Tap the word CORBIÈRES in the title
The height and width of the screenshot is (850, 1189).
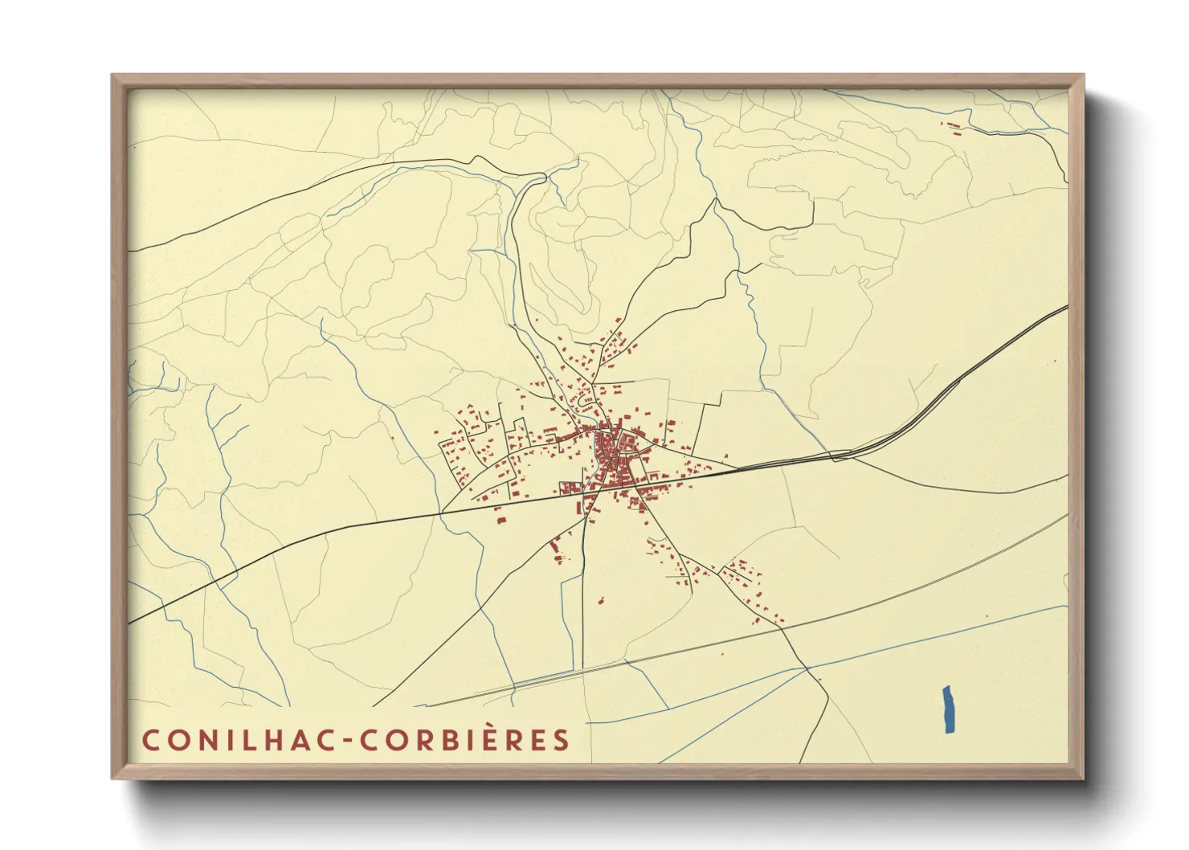pyautogui.click(x=464, y=740)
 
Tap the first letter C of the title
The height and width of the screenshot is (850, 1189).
pyautogui.click(x=150, y=740)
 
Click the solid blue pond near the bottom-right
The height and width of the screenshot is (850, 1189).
pyautogui.click(x=949, y=709)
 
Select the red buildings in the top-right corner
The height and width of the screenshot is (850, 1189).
pyautogui.click(x=954, y=126)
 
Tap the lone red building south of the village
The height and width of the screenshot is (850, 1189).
pyautogui.click(x=599, y=599)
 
